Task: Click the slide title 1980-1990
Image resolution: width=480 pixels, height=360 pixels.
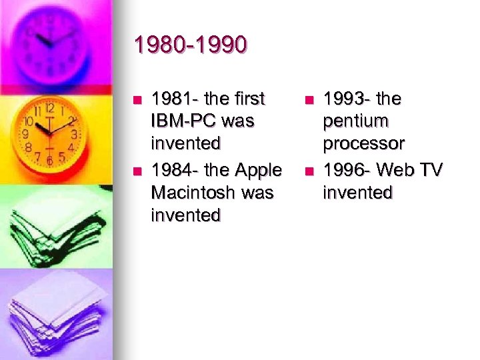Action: pyautogui.click(x=190, y=45)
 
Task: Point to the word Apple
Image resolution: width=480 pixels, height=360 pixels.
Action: pyautogui.click(x=256, y=170)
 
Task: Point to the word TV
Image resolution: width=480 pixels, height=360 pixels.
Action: pyautogui.click(x=430, y=170)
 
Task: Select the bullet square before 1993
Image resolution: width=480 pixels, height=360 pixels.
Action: pyautogui.click(x=308, y=101)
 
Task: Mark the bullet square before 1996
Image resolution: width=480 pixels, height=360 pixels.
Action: pyautogui.click(x=308, y=171)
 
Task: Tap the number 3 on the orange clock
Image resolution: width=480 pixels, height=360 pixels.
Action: pyautogui.click(x=74, y=134)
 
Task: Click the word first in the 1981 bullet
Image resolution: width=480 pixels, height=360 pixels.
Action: pyautogui.click(x=247, y=99)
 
